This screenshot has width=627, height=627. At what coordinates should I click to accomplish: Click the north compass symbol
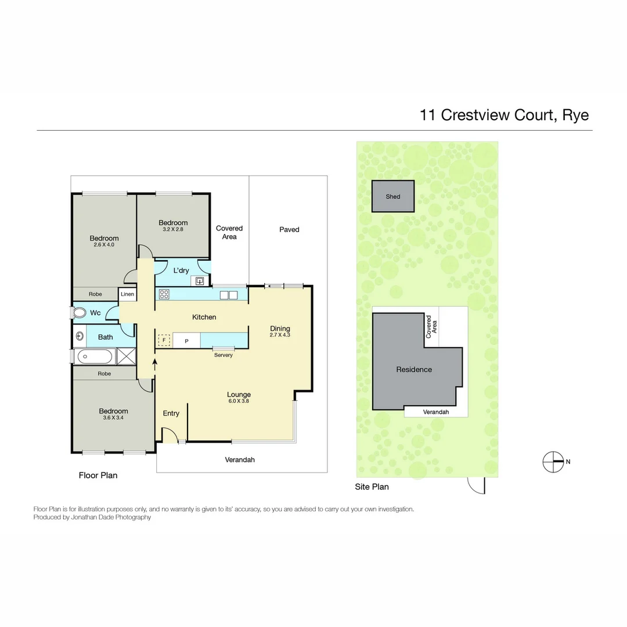point(553,462)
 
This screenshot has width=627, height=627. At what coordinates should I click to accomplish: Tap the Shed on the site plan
point(393,196)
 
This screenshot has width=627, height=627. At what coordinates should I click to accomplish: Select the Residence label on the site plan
point(414,369)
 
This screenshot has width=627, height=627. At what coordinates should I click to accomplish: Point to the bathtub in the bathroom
point(93,356)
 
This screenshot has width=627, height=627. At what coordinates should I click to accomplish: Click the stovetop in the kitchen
point(164,294)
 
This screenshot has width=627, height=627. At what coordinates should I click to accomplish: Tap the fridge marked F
point(164,340)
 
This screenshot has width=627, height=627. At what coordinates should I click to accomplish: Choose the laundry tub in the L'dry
point(200,281)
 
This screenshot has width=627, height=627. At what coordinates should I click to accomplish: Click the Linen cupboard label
point(127,294)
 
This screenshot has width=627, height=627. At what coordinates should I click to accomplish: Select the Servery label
point(223,355)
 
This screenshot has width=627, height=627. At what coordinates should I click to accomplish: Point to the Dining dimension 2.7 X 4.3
point(280,335)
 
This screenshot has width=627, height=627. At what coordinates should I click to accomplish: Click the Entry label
point(171,413)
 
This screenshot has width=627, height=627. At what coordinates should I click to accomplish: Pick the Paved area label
point(289,229)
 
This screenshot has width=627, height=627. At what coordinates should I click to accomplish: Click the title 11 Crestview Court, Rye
point(504,114)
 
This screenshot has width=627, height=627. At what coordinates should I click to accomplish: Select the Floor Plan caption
point(98,475)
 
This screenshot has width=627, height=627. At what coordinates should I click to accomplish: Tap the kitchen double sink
point(229,295)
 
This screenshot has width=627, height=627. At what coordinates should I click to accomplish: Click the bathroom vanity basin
point(80,337)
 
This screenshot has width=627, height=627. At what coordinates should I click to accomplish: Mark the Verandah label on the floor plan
point(240,459)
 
